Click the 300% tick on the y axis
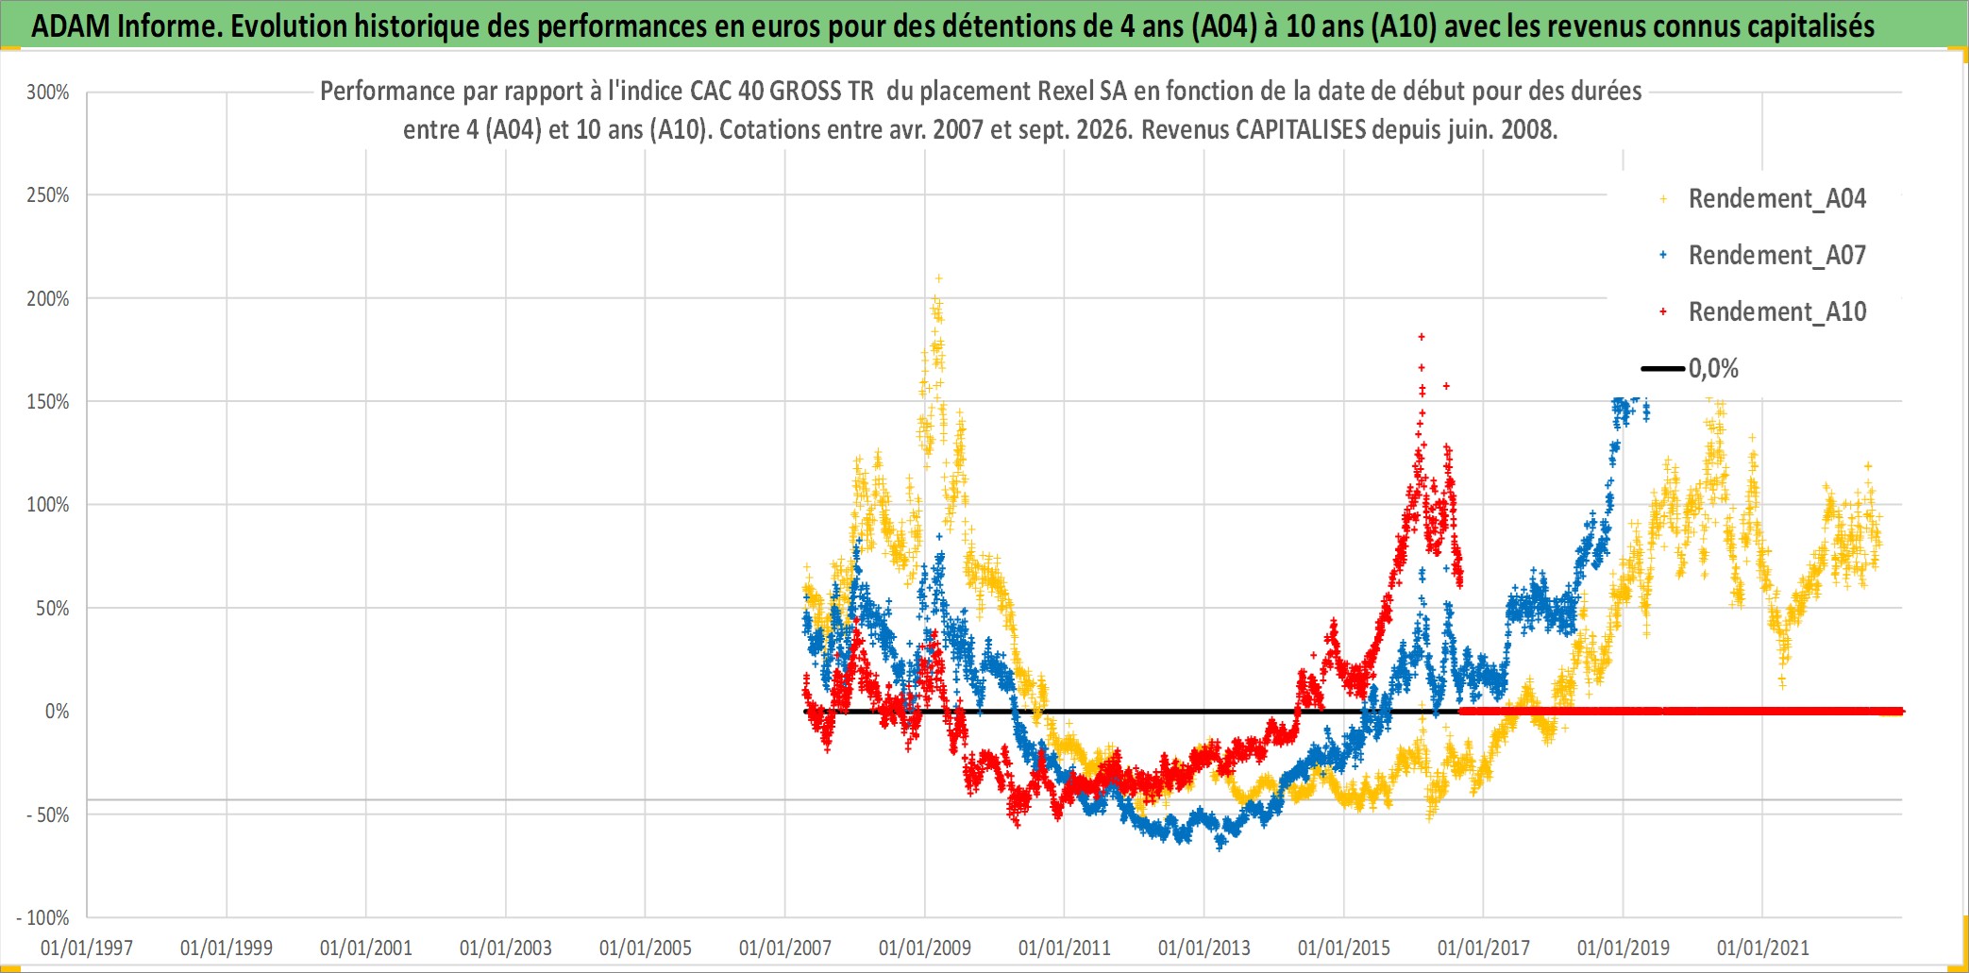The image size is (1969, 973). click(48, 92)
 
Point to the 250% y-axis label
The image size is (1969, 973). click(48, 195)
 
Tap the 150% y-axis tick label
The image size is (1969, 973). click(48, 402)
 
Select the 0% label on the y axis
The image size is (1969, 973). click(57, 712)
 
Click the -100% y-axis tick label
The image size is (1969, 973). click(43, 917)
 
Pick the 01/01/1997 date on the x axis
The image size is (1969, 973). click(87, 948)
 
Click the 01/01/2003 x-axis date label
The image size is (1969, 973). click(506, 948)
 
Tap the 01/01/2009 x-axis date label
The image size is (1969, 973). click(925, 948)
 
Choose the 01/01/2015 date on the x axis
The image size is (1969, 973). click(1344, 948)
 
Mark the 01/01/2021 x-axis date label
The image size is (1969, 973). click(1763, 948)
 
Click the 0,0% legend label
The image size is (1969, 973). click(1713, 369)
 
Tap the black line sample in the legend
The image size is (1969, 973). click(1663, 369)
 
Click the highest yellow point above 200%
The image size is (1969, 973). click(938, 278)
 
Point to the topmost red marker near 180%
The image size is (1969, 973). click(1422, 337)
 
